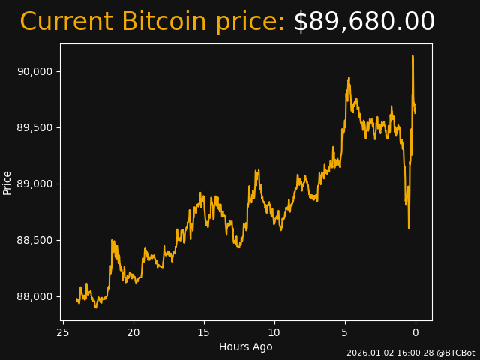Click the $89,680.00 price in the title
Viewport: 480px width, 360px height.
364,22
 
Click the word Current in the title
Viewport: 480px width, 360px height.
67,22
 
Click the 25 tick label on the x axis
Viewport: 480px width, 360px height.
63,332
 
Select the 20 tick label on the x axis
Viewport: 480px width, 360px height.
133,332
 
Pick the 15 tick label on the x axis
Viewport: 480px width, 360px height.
204,332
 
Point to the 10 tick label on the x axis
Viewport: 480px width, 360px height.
274,332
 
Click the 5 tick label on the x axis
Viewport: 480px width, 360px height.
345,332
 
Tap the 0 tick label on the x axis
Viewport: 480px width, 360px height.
415,332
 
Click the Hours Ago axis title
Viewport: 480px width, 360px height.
246,346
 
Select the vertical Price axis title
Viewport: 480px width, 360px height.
7,182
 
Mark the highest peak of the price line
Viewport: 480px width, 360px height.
412,56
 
